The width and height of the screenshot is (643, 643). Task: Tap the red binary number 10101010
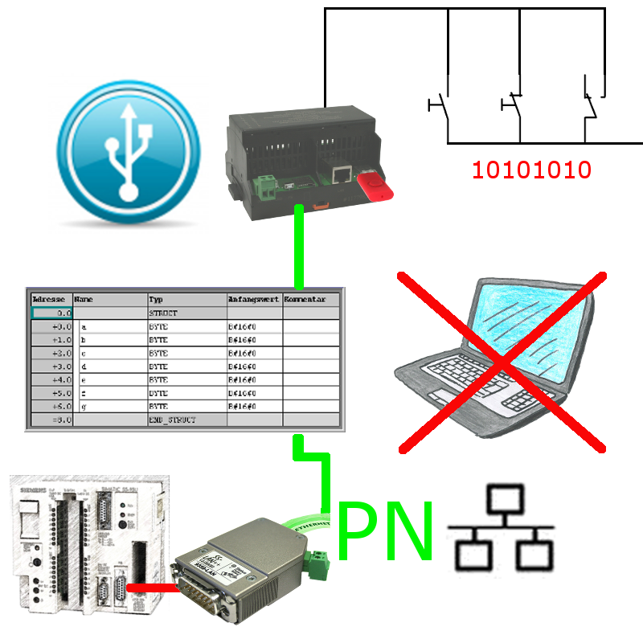[x=531, y=170]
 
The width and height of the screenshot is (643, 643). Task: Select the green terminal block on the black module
[x=265, y=187]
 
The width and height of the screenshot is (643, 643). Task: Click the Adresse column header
[x=51, y=298]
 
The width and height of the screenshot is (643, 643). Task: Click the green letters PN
[x=386, y=530]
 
